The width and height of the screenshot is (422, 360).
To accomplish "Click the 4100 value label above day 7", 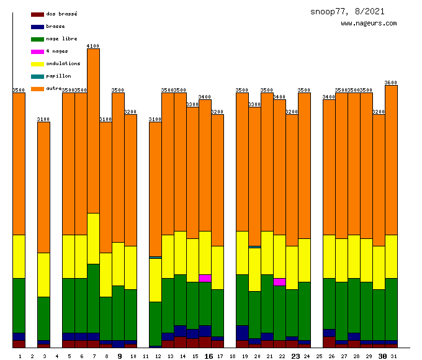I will coord(93,46).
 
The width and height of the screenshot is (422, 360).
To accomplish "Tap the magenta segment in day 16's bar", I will coord(205,278).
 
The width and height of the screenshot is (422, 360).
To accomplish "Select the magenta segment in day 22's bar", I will coord(279,282).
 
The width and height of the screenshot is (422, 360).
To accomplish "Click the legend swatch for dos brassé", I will coord(37,14).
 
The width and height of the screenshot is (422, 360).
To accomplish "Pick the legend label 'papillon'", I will coord(58,76).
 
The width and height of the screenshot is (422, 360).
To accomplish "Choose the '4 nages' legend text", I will coord(57,51).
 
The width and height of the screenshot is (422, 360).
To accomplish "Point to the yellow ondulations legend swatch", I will coord(37,63).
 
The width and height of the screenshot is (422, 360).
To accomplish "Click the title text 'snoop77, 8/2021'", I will coord(348,11).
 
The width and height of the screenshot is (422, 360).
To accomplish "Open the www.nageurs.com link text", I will coord(369,24).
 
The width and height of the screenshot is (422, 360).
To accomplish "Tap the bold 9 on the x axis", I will coord(119,356).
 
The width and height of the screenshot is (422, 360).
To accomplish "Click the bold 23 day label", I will coord(295,356).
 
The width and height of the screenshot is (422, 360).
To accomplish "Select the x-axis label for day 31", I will coord(393,356).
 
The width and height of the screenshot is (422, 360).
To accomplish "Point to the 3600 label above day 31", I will coord(391,83).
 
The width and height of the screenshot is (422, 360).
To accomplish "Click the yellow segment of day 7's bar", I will coord(93,238).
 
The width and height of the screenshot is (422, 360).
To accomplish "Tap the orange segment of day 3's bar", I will coord(43,186).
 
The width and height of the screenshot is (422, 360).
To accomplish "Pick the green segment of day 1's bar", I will coord(19,305).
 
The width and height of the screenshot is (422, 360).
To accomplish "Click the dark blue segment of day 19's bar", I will coord(242,333).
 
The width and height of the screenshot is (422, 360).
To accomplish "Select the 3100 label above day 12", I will coord(155,119).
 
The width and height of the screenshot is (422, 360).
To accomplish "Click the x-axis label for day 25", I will coord(319,356).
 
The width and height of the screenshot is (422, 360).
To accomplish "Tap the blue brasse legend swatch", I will coord(37,26).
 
